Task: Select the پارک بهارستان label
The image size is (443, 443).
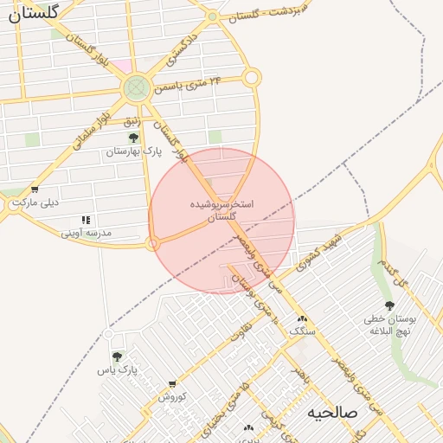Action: tap(134, 151)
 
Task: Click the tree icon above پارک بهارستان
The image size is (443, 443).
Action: tap(133, 138)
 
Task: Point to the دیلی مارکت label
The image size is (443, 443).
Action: tap(35, 203)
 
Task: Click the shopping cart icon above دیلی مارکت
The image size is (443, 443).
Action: tap(34, 189)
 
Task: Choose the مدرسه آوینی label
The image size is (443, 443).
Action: tap(86, 234)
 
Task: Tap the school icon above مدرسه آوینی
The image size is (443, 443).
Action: tap(85, 221)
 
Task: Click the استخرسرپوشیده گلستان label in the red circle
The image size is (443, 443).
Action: tap(222, 210)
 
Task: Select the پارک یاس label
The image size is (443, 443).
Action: tap(118, 370)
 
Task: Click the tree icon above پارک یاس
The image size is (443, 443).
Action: tap(117, 356)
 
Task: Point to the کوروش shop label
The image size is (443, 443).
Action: tap(172, 396)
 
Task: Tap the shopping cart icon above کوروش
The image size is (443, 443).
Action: tap(172, 383)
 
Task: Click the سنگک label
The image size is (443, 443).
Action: tap(303, 332)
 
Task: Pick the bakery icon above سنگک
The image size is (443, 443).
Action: tap(302, 319)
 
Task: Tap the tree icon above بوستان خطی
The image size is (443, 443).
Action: tap(389, 305)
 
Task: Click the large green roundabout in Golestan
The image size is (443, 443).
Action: tap(135, 87)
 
